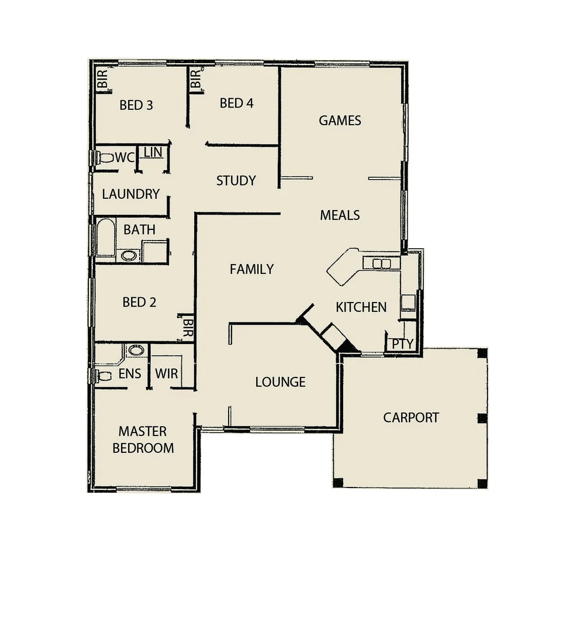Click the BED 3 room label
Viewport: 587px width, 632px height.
point(136,105)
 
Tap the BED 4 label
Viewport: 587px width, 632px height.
point(236,104)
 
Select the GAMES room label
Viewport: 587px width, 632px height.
point(340,121)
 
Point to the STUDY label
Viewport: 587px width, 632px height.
point(236,181)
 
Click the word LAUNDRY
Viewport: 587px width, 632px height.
point(130,194)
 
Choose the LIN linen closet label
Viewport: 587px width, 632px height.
point(153,152)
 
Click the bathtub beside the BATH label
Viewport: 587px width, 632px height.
point(106,238)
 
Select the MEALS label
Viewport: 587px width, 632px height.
point(340,215)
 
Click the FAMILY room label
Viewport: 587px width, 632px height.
point(251,269)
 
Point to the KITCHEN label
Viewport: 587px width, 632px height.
point(361,307)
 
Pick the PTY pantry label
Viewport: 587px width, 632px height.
point(402,344)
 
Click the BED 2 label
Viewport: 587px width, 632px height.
point(139,303)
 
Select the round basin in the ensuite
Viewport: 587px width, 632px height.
point(136,351)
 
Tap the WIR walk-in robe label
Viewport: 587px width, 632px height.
point(167,374)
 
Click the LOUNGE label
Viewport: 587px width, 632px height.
point(281,382)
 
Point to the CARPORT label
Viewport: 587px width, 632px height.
point(411,418)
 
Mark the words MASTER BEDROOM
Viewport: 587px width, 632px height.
point(143,440)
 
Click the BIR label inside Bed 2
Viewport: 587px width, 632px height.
point(188,329)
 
